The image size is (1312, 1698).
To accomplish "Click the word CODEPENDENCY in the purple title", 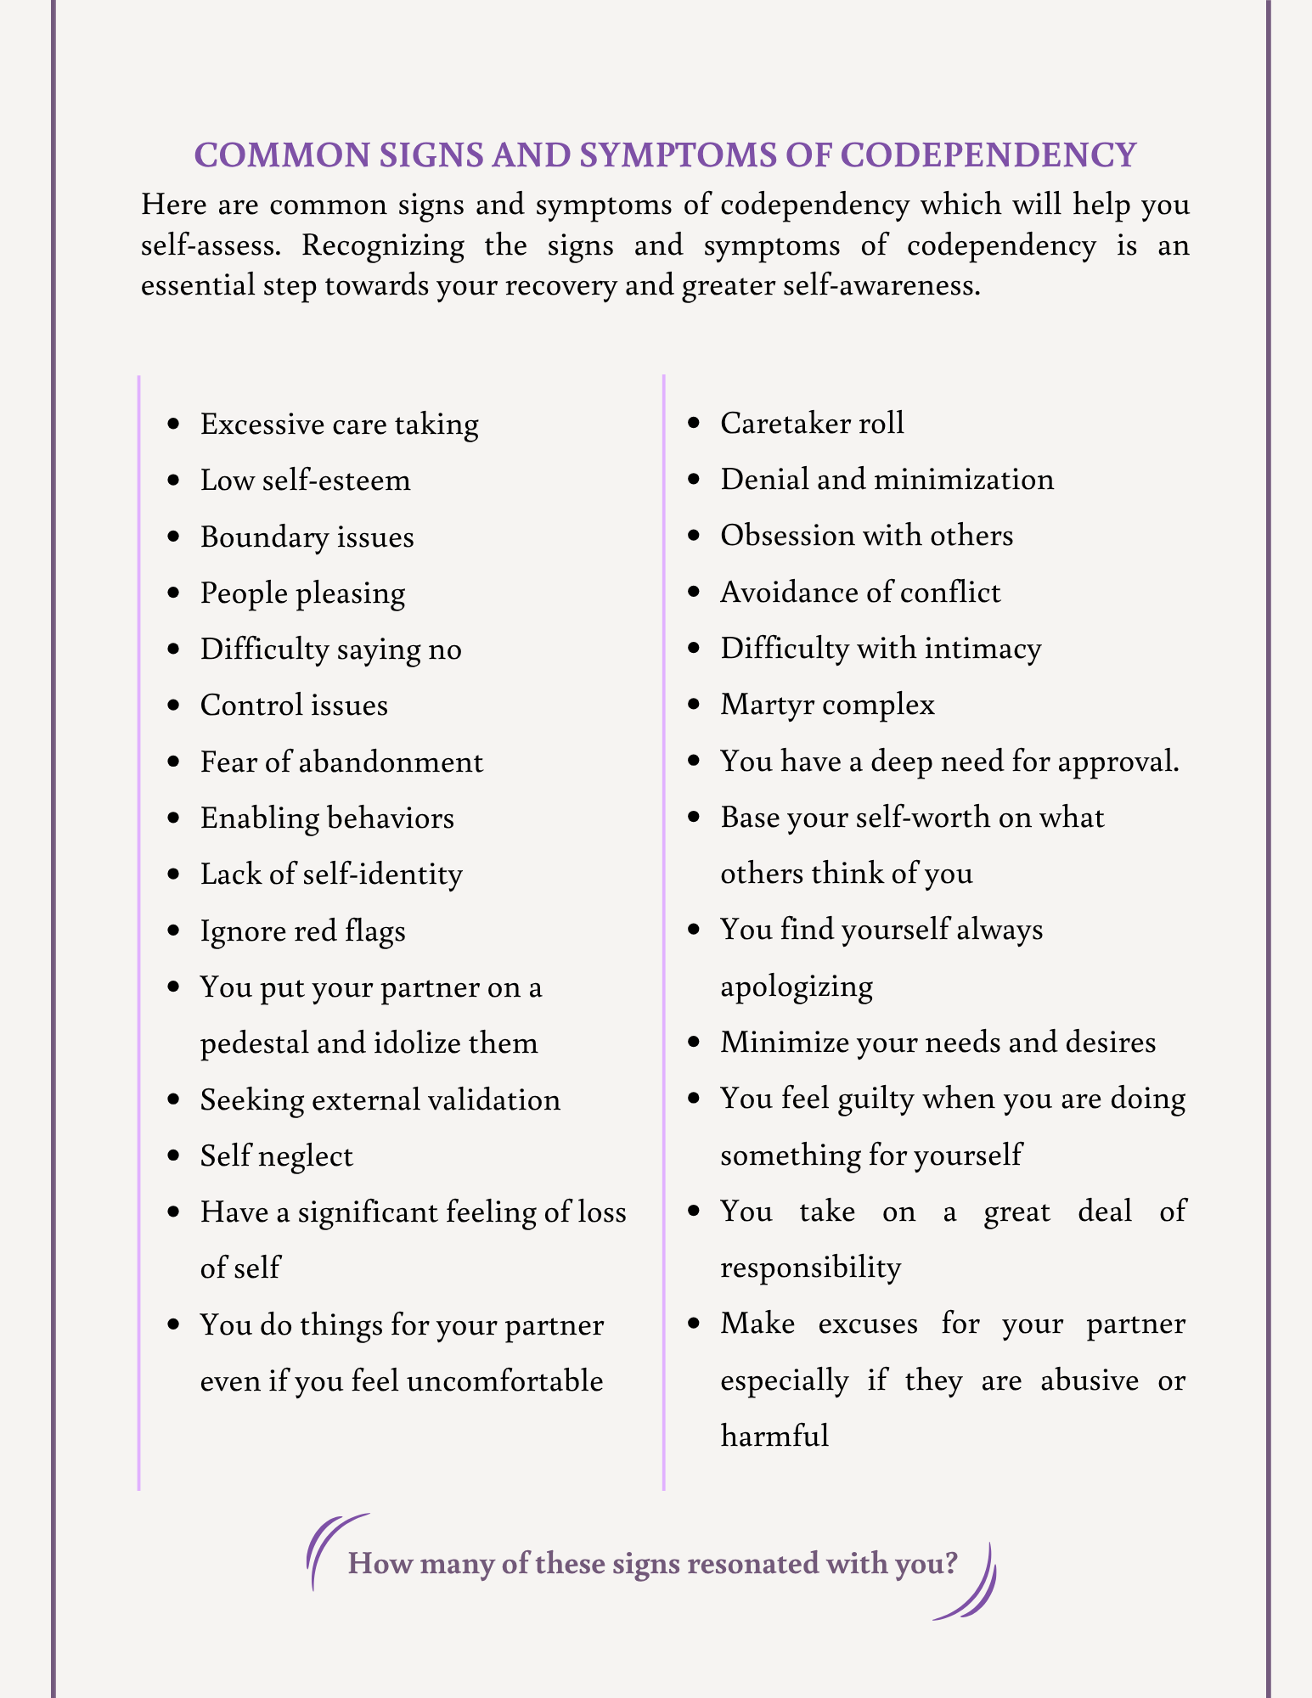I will pos(988,155).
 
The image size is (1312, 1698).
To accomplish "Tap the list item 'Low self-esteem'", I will pos(305,481).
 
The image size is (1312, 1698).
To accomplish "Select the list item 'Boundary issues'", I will pos(307,537).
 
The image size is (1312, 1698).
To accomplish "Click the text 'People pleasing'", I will pos(302,593).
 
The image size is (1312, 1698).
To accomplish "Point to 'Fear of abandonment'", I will pos(341,762).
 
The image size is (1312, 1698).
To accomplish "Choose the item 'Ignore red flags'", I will pos(302,931).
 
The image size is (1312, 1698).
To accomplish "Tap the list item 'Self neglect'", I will pos(276,1156).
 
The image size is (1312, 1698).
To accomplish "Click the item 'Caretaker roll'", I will pos(812,423).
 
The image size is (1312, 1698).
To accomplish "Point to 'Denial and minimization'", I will pos(887,480).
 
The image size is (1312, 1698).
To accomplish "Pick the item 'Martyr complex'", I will pos(827,705).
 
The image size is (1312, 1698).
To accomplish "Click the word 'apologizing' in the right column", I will pos(797,987).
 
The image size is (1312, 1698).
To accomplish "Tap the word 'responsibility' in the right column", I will pos(810,1268).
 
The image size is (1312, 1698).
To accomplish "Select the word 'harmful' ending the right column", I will pos(774,1437).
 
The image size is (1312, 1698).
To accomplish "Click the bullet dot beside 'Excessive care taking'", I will pos(174,424).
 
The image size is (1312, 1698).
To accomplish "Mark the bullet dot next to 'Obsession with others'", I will pos(695,536).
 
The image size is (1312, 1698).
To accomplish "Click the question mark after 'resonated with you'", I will pos(949,1563).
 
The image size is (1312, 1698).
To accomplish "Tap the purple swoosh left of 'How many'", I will pos(329,1549).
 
